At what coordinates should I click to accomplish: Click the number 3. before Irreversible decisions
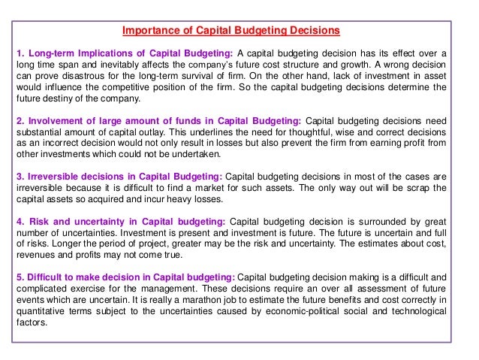point(20,177)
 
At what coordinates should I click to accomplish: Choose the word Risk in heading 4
point(39,223)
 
